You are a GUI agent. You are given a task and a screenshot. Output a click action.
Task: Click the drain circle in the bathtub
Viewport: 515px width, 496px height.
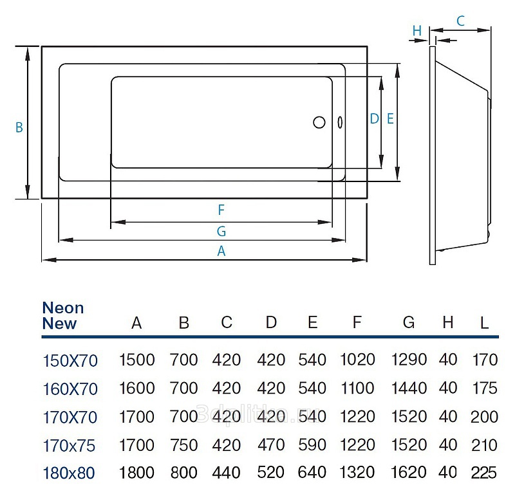pyautogui.click(x=319, y=122)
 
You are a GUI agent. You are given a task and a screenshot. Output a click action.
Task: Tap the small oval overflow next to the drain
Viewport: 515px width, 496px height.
pyautogui.click(x=339, y=122)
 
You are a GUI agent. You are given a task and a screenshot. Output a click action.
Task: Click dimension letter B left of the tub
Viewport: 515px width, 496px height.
pyautogui.click(x=19, y=128)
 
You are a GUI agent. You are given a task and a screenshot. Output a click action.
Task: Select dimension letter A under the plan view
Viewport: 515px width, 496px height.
pyautogui.click(x=221, y=252)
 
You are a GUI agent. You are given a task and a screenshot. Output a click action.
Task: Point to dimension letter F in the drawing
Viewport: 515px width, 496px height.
pyautogui.click(x=221, y=210)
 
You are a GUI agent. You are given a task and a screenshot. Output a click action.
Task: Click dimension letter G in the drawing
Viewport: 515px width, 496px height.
pyautogui.click(x=221, y=232)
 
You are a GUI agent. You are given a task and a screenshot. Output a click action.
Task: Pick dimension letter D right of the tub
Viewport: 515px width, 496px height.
pyautogui.click(x=374, y=118)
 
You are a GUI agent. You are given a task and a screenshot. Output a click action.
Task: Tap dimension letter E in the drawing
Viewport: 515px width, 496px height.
pyautogui.click(x=390, y=118)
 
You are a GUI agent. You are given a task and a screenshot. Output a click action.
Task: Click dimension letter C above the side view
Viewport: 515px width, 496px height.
pyautogui.click(x=461, y=21)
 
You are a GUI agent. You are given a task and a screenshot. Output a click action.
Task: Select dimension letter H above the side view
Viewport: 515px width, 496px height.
pyautogui.click(x=417, y=30)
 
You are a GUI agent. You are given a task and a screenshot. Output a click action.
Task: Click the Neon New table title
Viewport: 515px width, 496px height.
pyautogui.click(x=63, y=316)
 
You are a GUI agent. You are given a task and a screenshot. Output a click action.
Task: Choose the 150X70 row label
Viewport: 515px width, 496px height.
pyautogui.click(x=70, y=361)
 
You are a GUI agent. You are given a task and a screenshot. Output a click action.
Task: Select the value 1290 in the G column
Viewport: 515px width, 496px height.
pyautogui.click(x=409, y=360)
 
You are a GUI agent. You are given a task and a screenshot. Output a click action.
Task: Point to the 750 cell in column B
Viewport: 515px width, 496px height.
pyautogui.click(x=184, y=445)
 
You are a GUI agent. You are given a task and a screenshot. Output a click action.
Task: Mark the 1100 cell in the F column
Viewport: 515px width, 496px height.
pyautogui.click(x=357, y=389)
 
